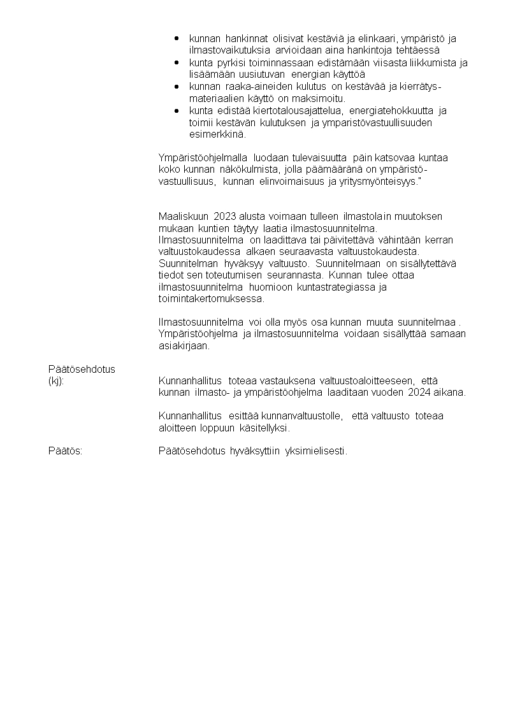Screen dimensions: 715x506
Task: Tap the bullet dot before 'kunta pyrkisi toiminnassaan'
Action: tap(177, 62)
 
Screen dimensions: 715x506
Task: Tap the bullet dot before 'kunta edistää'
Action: tap(177, 111)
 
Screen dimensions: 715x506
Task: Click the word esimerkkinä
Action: tap(217, 134)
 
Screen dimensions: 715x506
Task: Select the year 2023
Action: tap(224, 217)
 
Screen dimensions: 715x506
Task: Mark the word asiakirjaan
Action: tap(184, 346)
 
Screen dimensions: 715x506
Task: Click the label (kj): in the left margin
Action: tap(56, 381)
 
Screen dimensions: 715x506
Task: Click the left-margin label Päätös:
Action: tap(66, 452)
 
